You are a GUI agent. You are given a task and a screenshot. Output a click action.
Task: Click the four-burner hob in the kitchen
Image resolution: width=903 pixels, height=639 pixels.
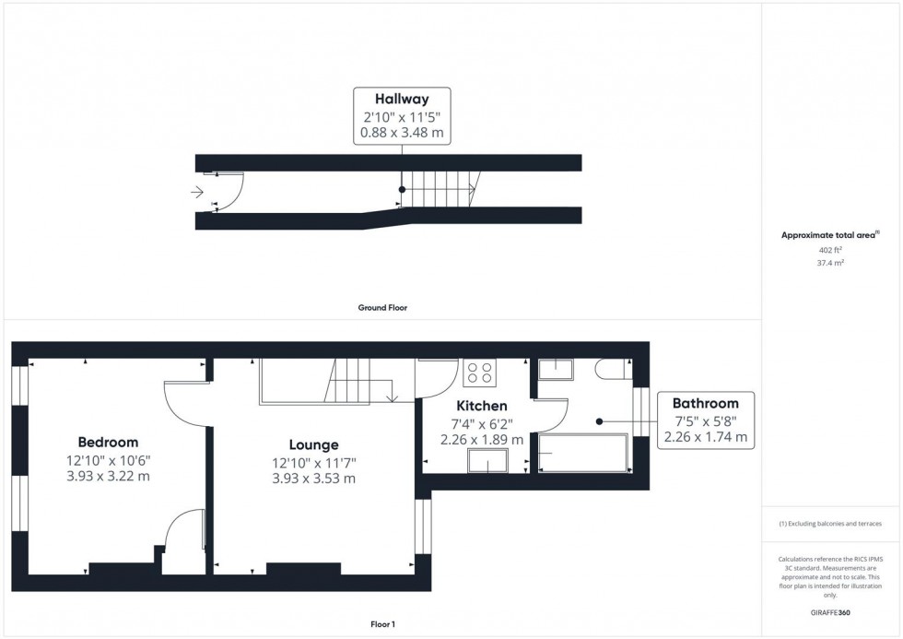pyautogui.click(x=479, y=373)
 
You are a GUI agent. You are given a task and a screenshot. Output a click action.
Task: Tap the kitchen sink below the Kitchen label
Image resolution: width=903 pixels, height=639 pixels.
pyautogui.click(x=487, y=460)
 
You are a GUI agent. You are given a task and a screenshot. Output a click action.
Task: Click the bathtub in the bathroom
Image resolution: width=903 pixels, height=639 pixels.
pyautogui.click(x=582, y=454)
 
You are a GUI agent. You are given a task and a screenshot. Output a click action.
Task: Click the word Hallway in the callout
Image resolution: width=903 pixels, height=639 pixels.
pyautogui.click(x=401, y=99)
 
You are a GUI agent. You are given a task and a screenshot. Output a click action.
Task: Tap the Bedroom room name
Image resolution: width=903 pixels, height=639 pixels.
pyautogui.click(x=108, y=443)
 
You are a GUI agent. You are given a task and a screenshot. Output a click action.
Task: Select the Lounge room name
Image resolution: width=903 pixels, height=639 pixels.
pyautogui.click(x=312, y=444)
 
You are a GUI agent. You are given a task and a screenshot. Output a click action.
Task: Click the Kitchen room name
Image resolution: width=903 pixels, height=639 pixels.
pyautogui.click(x=482, y=406)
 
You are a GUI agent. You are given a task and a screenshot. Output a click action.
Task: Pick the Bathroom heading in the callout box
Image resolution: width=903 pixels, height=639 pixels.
pyautogui.click(x=705, y=403)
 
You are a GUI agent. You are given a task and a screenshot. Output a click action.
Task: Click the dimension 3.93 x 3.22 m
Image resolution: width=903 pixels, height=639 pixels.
pyautogui.click(x=108, y=477)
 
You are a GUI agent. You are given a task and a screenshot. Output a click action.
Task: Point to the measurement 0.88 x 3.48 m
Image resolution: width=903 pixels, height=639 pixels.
pyautogui.click(x=401, y=133)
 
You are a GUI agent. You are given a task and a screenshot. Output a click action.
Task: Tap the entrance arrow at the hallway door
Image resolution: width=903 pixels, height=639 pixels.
pyautogui.click(x=197, y=192)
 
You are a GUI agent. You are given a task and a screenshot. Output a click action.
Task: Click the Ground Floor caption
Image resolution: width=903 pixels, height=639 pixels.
pyautogui.click(x=382, y=308)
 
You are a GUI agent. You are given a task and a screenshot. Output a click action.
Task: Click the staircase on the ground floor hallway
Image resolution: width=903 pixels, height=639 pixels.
pyautogui.click(x=438, y=191)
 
